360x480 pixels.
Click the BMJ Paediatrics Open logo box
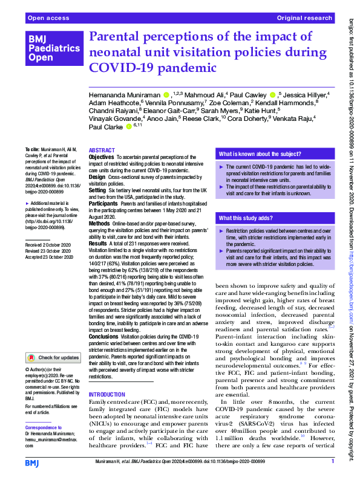[x=53, y=49]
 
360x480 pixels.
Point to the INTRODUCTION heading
[x=107, y=394]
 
